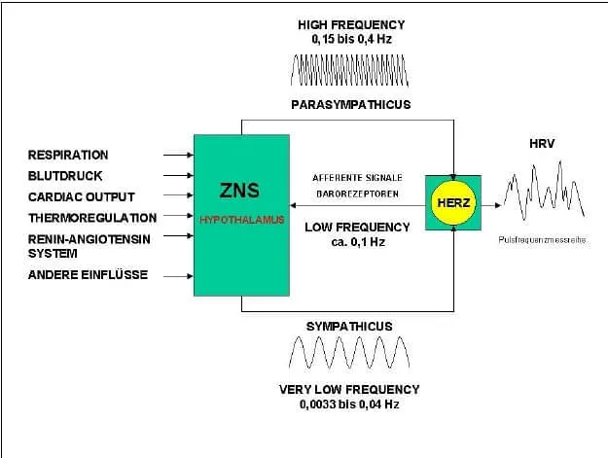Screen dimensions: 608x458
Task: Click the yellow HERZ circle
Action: click(453, 202)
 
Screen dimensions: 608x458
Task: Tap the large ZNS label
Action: click(239, 191)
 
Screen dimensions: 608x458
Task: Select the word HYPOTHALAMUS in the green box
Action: click(242, 220)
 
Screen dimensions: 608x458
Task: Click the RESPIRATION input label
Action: click(68, 155)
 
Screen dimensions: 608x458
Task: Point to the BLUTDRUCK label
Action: click(65, 176)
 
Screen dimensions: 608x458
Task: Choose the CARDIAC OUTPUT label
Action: click(81, 196)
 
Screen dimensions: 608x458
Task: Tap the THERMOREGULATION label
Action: click(92, 218)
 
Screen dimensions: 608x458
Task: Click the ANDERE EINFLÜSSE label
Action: click(88, 275)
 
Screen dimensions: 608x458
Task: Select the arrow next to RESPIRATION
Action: click(178, 155)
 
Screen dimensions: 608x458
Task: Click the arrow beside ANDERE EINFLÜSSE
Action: click(178, 276)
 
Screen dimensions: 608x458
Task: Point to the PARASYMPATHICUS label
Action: click(351, 105)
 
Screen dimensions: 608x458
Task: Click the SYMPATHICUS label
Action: click(349, 327)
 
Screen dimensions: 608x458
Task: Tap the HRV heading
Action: click(542, 144)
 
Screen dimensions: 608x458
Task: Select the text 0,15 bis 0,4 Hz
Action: click(352, 39)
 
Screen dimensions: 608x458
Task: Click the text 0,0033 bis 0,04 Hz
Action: click(349, 405)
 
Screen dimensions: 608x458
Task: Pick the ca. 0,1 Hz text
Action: click(358, 242)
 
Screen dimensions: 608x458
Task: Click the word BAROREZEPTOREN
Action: click(358, 194)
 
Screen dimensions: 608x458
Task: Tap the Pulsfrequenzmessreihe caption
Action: click(542, 240)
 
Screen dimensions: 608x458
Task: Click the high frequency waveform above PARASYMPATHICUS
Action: click(349, 70)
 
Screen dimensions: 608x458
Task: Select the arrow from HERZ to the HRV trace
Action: click(491, 205)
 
